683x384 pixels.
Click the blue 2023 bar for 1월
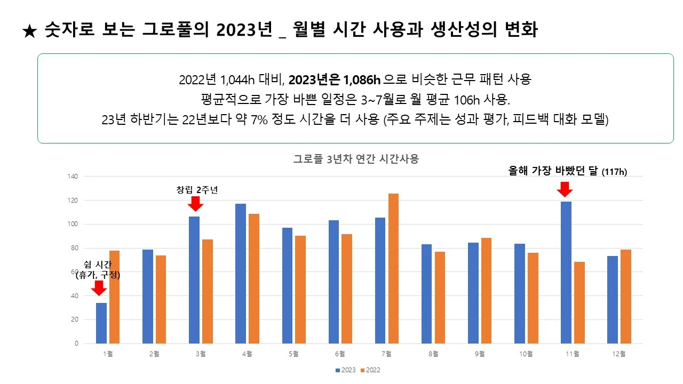(x=101, y=323)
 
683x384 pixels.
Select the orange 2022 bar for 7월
(x=393, y=269)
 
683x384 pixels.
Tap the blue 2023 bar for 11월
(x=566, y=273)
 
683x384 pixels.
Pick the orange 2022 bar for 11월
(x=579, y=303)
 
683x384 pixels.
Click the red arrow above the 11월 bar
(x=564, y=189)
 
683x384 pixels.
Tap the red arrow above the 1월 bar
(x=99, y=288)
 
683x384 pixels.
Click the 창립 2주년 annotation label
(x=197, y=189)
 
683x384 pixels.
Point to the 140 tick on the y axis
(x=73, y=177)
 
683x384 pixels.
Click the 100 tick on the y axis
(x=73, y=225)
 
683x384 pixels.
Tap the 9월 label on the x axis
(x=480, y=353)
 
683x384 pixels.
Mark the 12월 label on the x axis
(x=619, y=353)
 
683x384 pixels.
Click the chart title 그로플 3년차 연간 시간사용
(x=356, y=159)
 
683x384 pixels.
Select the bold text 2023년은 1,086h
(x=335, y=81)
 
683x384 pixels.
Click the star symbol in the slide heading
(x=30, y=31)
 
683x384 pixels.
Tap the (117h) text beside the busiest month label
(x=614, y=172)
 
